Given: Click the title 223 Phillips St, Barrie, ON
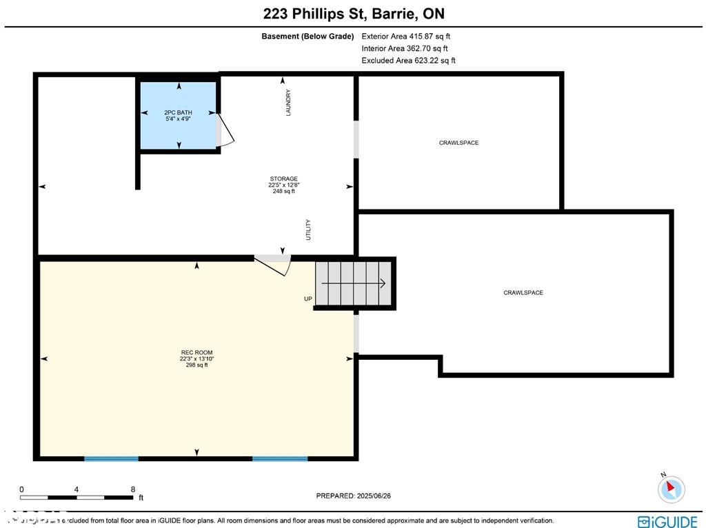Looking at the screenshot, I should pos(353,14).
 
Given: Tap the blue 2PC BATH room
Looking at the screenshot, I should pos(179,115).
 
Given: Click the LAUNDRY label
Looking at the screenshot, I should pos(288,103).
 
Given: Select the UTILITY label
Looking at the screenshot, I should pos(308,230).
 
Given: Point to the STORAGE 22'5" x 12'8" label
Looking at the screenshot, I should pos(283,185).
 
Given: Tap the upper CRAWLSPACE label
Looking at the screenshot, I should pos(458,143).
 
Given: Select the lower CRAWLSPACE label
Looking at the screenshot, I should pos(523,293).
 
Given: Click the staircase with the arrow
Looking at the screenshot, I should pos(354,283).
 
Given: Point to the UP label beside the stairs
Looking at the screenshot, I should pos(308,299).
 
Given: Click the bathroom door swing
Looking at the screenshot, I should pos(225,130).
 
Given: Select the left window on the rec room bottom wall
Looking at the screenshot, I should pos(111,458).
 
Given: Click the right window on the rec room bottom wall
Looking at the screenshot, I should pos(279,458).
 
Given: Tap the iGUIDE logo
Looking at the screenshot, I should pos(667,521).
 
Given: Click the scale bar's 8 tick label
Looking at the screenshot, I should pos(132,489).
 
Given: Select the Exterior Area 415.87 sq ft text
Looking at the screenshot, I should pos(405,37).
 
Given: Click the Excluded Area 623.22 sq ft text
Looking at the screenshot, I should pos(408,61).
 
